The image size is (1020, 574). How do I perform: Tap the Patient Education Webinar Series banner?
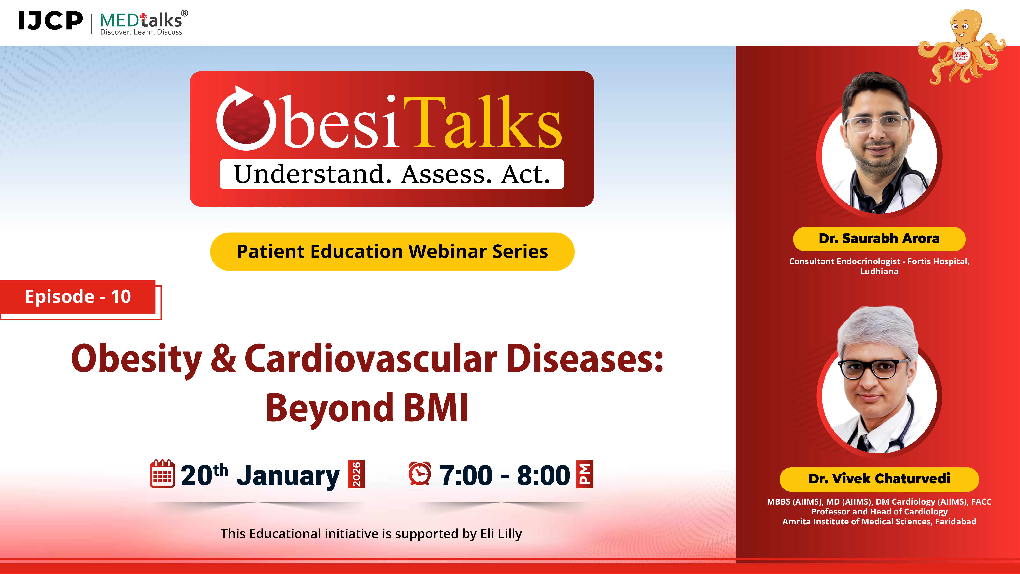[392, 252]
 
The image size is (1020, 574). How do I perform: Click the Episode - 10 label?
[78, 297]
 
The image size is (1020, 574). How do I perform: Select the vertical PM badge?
[584, 474]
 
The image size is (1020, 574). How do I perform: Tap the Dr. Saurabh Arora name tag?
[879, 239]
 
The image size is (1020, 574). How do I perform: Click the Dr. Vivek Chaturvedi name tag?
[879, 479]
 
